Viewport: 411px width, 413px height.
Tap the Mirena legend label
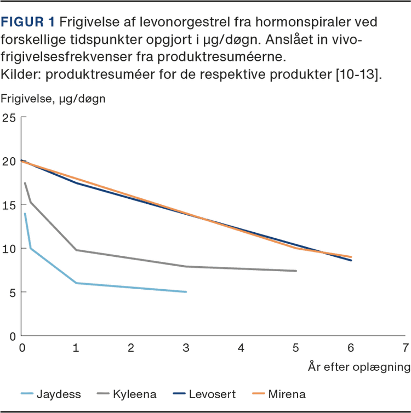pos(287,394)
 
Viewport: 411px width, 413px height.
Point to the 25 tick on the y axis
pos(9,117)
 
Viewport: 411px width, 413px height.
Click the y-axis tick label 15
pos(9,205)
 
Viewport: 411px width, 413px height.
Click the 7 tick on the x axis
pos(405,348)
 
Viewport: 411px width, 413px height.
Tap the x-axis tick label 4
pos(241,348)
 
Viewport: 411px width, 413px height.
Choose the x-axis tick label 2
pos(132,348)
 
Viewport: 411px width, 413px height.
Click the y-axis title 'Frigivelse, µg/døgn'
pos(53,99)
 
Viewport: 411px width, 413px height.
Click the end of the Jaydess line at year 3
pos(186,292)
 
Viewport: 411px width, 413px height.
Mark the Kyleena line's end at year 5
pos(296,271)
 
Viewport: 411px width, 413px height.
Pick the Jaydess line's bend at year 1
pos(77,283)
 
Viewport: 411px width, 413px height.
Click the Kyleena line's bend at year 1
pos(77,250)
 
